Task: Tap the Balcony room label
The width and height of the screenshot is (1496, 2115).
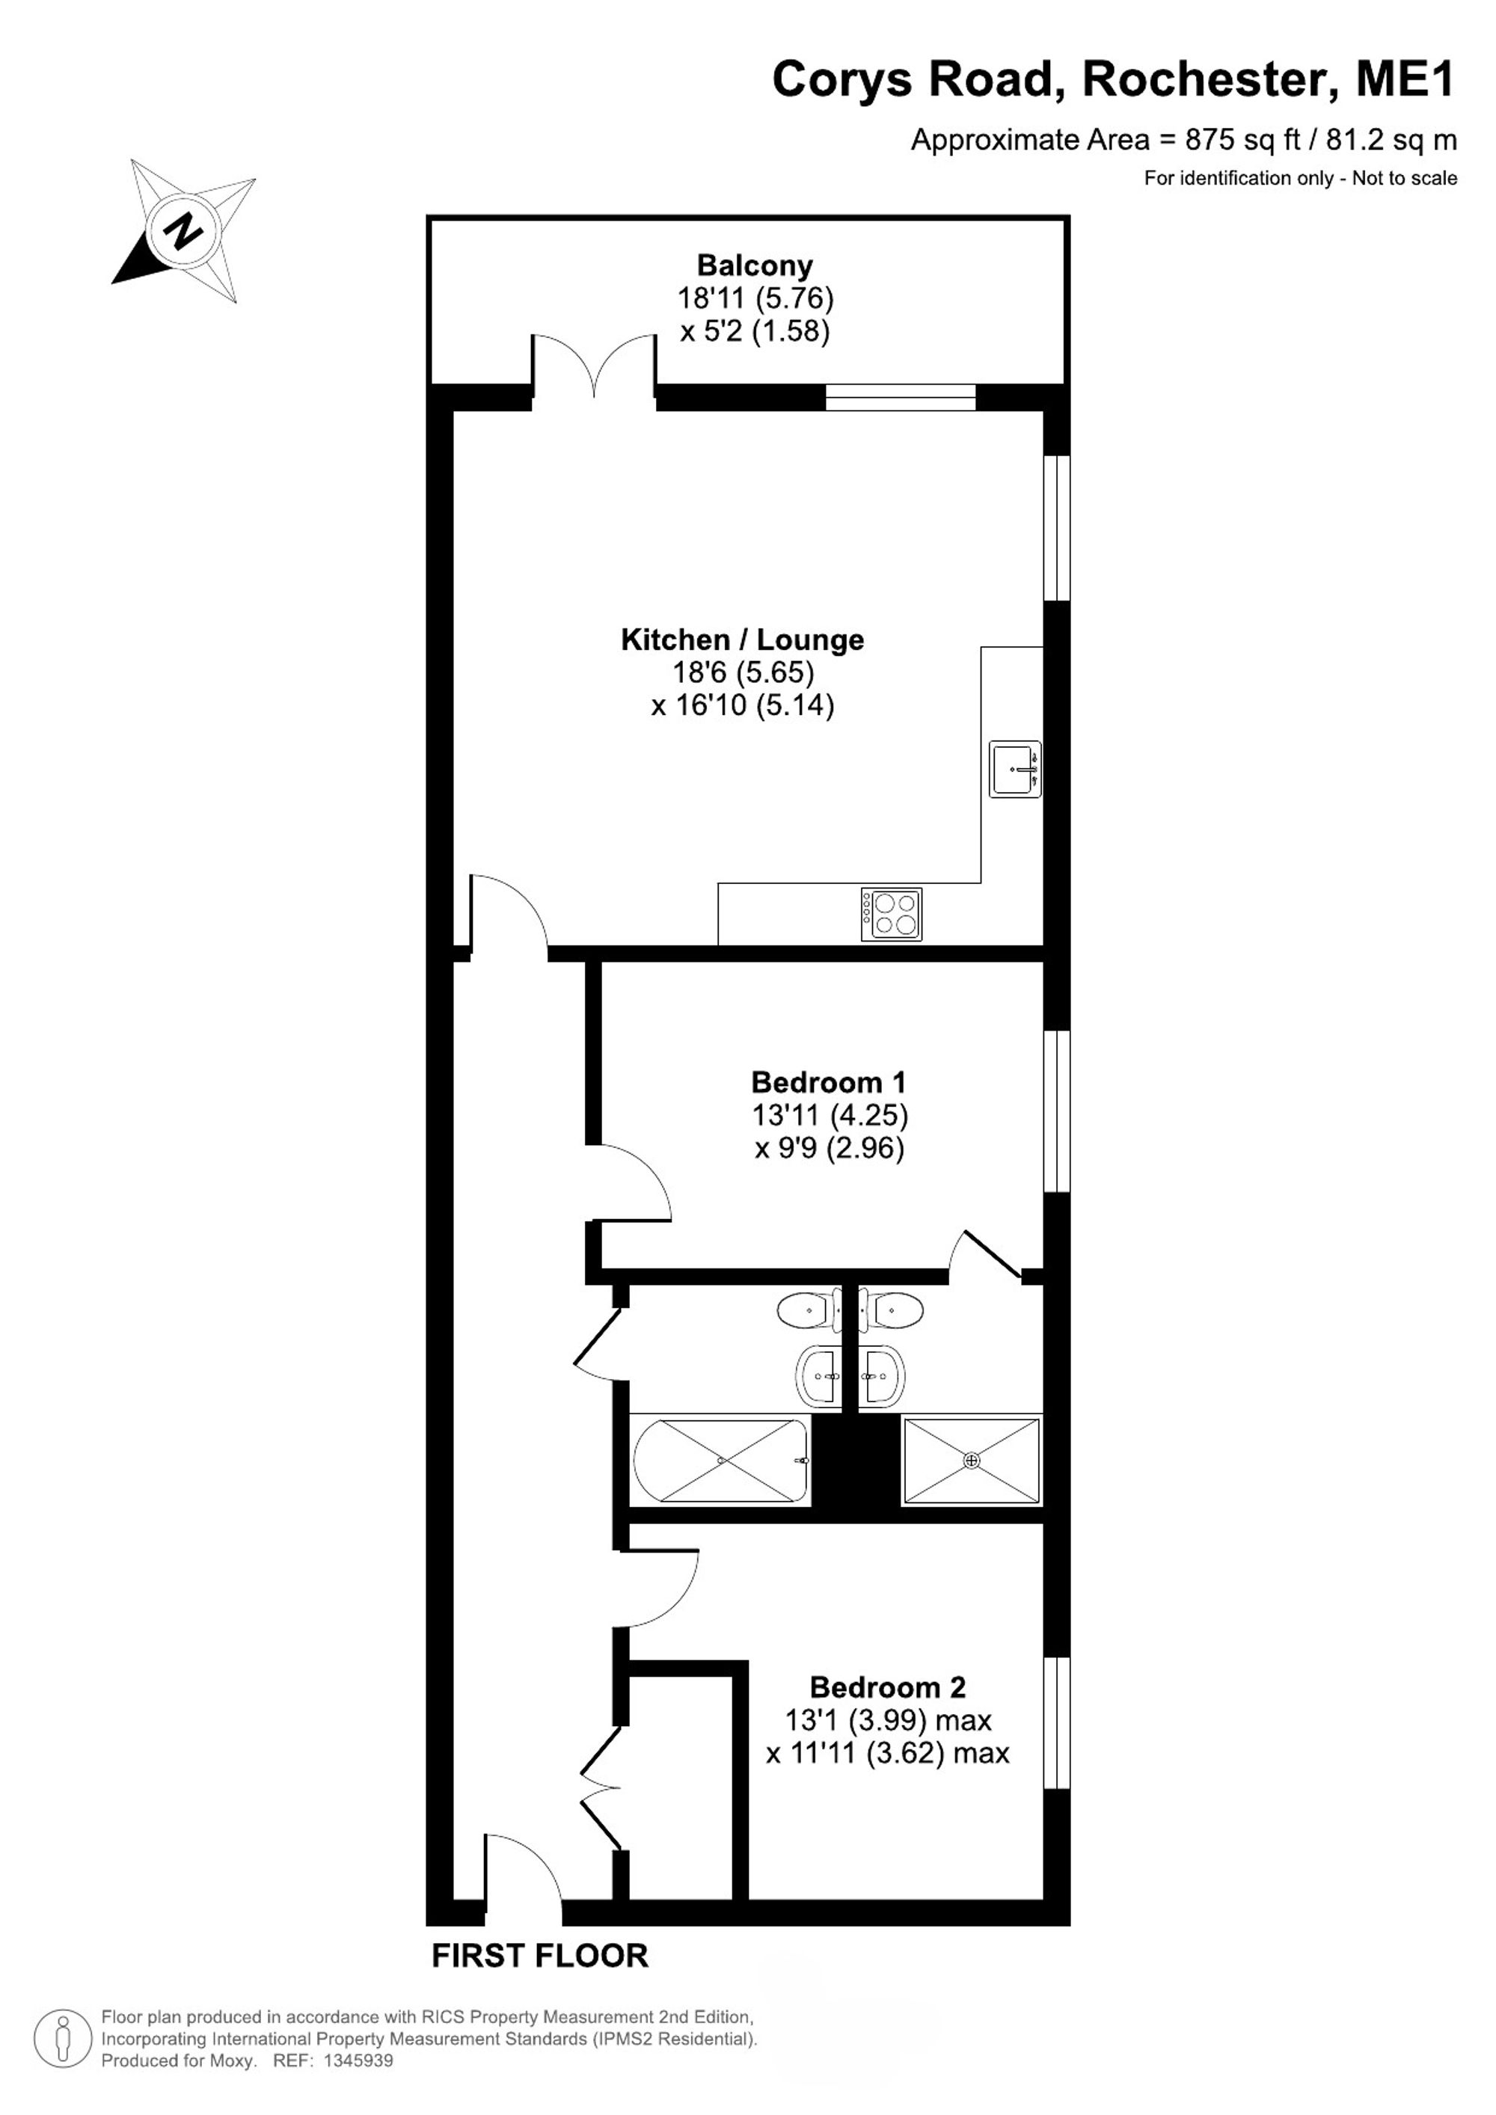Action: [x=755, y=265]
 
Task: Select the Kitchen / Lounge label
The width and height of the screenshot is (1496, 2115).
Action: [x=743, y=639]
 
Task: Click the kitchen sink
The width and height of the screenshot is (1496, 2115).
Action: [x=1015, y=768]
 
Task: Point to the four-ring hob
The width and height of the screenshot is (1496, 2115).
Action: [x=891, y=914]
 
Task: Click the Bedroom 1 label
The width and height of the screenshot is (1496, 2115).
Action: [x=829, y=1081]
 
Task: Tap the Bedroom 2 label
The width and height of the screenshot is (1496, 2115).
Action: [x=888, y=1687]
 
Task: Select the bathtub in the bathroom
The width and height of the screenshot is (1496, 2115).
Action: [x=721, y=1461]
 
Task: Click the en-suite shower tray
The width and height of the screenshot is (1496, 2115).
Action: [x=972, y=1461]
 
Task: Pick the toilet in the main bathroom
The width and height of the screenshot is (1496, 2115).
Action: [x=807, y=1309]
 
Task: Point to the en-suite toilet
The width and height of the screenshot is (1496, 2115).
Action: [x=892, y=1309]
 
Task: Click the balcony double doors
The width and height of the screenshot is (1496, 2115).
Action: [x=594, y=366]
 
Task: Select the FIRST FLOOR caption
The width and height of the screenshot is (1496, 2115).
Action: [x=540, y=1956]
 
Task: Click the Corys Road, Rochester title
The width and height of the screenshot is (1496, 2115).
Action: [x=1113, y=80]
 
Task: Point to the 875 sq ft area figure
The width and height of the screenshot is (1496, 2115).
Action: [x=1242, y=140]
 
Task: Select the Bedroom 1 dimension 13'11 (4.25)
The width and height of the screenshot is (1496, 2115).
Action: [x=830, y=1116]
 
